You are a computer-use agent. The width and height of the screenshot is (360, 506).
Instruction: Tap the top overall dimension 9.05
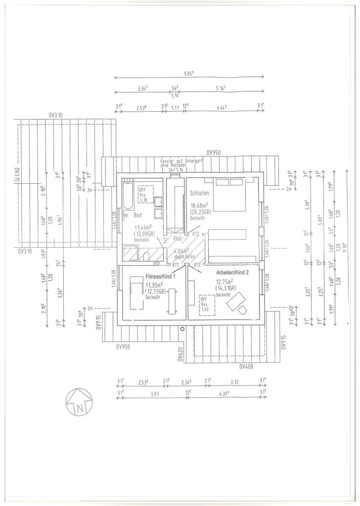(x=188, y=74)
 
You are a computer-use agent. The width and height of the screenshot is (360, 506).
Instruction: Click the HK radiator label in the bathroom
(x=126, y=215)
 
